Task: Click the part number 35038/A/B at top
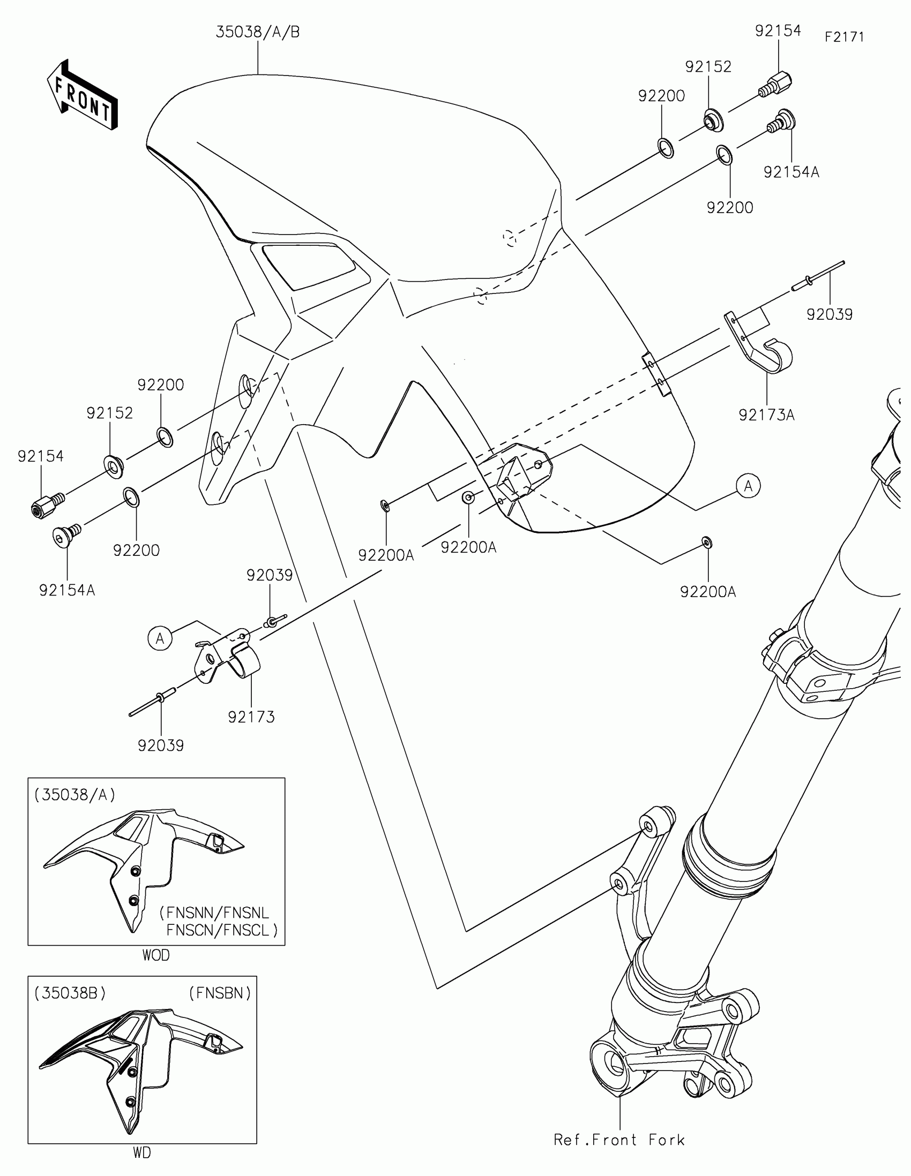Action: (x=258, y=32)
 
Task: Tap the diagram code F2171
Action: (x=844, y=37)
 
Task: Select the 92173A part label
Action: (x=766, y=415)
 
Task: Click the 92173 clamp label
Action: (x=251, y=717)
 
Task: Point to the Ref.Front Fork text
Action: (x=619, y=1140)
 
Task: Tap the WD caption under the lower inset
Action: (x=141, y=1153)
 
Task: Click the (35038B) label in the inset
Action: (x=70, y=993)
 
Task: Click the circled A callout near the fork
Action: (x=748, y=486)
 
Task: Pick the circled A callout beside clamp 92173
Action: (x=160, y=639)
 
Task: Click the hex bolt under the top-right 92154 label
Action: (x=777, y=85)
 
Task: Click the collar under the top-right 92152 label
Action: (x=713, y=119)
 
